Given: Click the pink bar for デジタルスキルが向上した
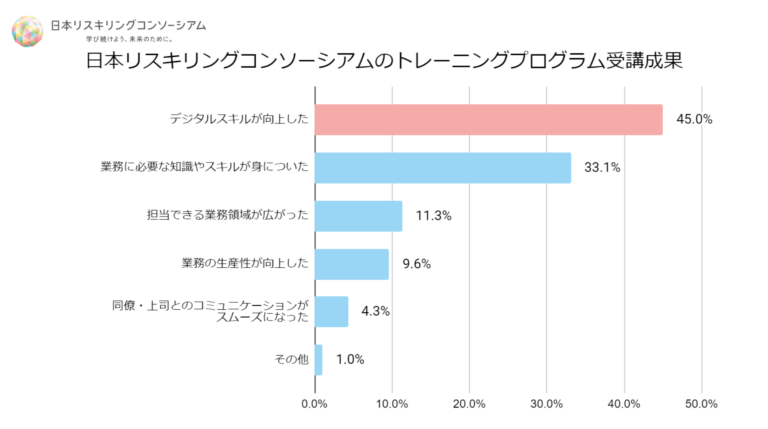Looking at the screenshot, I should (488, 120).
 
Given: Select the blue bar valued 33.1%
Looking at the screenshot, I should (443, 168).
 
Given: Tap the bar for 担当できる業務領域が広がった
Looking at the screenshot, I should (358, 216).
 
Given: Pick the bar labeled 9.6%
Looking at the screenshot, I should (351, 264).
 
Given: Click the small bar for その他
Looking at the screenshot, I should (318, 360).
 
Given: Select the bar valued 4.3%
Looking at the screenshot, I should (331, 312).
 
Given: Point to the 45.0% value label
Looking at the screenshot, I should (694, 120).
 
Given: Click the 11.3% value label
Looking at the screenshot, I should (433, 216).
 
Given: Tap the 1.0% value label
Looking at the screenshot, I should (350, 359).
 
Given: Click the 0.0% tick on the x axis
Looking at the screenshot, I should (314, 404).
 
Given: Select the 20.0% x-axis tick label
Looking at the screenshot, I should (469, 404).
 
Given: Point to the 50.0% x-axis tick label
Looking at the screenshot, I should (701, 404).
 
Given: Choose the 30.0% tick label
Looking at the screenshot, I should (547, 404).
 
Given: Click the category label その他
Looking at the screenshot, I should (291, 359).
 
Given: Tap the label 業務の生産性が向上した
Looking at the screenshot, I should (245, 263).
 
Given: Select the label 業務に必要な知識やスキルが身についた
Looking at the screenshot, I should (205, 167).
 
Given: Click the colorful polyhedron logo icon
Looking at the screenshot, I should (27, 31).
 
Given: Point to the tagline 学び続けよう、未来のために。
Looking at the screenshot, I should (130, 39).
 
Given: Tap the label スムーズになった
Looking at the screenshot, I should (262, 317).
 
